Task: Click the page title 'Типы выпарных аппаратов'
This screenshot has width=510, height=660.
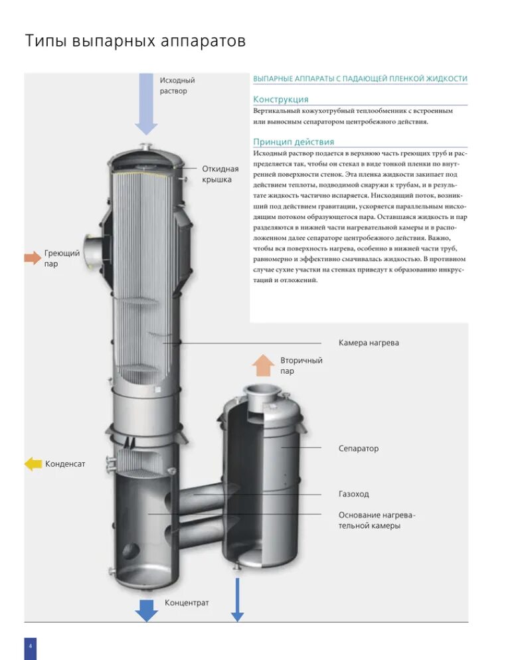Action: tap(135, 41)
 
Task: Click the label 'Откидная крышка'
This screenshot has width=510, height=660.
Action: tap(220, 175)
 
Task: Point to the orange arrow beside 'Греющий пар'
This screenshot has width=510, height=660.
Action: tap(32, 258)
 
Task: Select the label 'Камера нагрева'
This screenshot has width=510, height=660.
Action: tap(369, 343)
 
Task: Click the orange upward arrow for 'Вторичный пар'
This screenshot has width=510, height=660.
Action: tap(263, 366)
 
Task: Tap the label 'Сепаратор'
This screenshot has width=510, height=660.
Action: tap(358, 448)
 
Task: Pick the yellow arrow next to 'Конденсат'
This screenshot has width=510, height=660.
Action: tap(33, 463)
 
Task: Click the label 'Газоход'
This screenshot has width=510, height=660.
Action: tap(353, 494)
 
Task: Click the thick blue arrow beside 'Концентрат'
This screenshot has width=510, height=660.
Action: tap(145, 609)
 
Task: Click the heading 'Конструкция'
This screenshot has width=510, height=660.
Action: tap(280, 99)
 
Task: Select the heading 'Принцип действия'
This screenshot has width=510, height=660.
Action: tap(294, 141)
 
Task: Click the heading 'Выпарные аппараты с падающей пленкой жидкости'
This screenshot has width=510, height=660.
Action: tap(360, 79)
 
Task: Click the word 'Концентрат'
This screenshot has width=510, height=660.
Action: tap(186, 603)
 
